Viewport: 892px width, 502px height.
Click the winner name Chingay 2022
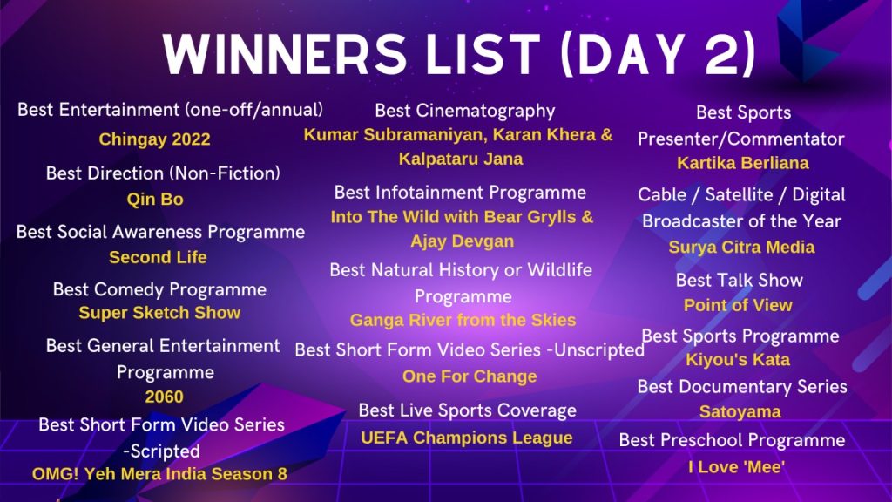click(x=155, y=139)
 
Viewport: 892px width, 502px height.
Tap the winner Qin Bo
click(x=155, y=200)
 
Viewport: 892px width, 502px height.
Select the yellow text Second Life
click(x=158, y=257)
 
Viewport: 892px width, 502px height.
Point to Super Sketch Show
click(x=159, y=313)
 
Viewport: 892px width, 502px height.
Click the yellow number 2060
click(x=164, y=397)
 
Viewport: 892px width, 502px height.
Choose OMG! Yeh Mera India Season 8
click(x=159, y=474)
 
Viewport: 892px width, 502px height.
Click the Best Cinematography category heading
click(x=465, y=111)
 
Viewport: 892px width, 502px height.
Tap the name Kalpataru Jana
click(x=461, y=159)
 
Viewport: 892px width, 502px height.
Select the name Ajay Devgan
click(x=462, y=241)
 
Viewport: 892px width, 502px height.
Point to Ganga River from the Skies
click(x=463, y=320)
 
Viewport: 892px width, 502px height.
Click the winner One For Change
click(x=470, y=376)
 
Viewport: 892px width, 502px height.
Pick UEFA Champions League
click(x=467, y=438)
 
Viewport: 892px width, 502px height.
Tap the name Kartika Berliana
click(x=742, y=163)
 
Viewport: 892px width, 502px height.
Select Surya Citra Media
click(x=741, y=247)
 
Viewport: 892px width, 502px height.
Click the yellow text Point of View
click(x=738, y=305)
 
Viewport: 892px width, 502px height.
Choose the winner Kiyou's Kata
click(x=738, y=360)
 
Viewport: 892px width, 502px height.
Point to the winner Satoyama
click(x=740, y=411)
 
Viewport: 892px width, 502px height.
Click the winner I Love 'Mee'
click(x=736, y=467)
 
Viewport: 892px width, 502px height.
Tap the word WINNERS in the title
click(x=285, y=55)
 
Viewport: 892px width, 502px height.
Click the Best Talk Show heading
click(x=739, y=280)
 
